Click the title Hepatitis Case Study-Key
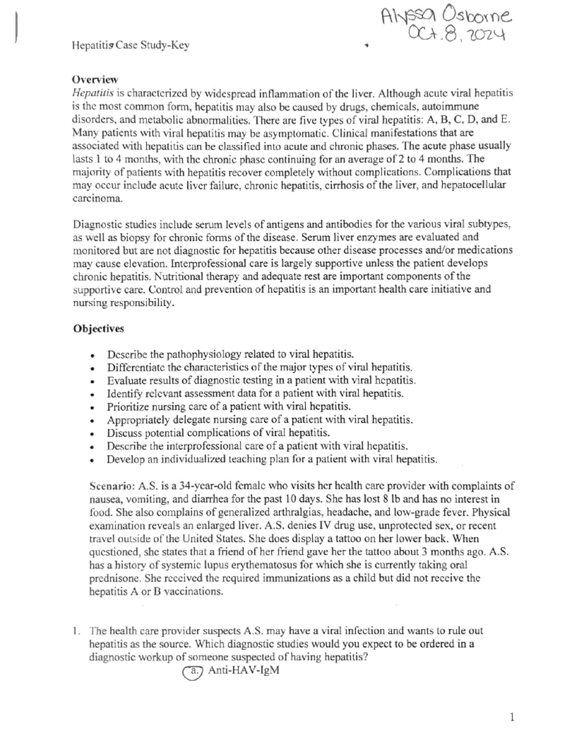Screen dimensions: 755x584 pyautogui.click(x=130, y=46)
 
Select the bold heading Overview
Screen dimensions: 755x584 pyautogui.click(x=95, y=79)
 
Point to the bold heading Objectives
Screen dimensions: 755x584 pyautogui.click(x=98, y=329)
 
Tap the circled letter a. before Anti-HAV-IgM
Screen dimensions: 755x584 pyautogui.click(x=193, y=671)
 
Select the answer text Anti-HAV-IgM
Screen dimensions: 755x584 pyautogui.click(x=243, y=670)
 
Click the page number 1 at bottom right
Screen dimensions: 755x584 pyautogui.click(x=511, y=717)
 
